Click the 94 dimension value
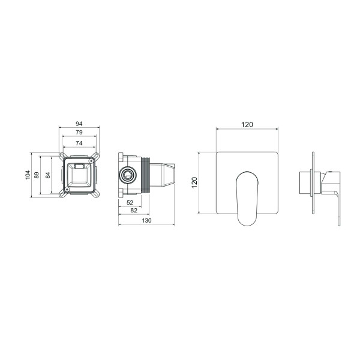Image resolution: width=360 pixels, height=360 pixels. coord(79,124)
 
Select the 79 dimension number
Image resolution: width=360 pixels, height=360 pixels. coord(79,133)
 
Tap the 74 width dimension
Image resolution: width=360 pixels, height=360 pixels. coord(79,143)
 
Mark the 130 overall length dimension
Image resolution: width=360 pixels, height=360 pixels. coord(147,221)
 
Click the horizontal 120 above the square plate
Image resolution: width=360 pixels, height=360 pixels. coord(247,124)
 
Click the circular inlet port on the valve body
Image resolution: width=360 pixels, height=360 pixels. coord(127,175)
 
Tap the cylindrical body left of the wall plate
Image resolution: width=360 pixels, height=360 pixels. coord(305,182)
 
